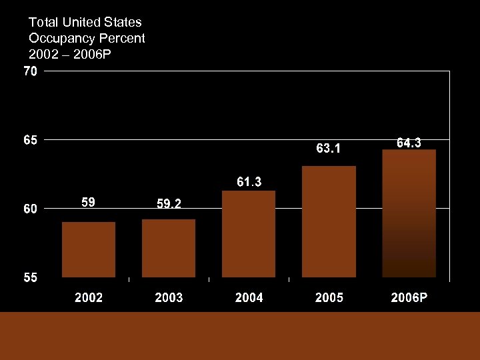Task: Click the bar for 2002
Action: pos(89,249)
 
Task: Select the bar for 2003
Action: pos(169,248)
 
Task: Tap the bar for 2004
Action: pos(249,233)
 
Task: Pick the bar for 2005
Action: pos(329,221)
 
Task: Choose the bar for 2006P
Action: pos(409,213)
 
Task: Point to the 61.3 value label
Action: pos(249,181)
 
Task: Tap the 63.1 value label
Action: pos(329,149)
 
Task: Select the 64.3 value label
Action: pos(409,143)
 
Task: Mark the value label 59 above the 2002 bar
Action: pos(88,201)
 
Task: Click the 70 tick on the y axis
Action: pos(31,72)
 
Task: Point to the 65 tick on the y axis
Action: pos(31,141)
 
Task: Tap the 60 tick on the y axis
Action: pos(31,209)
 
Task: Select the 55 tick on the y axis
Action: pos(31,278)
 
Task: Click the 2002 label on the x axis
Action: pos(89,298)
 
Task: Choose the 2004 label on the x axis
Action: pos(249,298)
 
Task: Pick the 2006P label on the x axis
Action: pos(409,298)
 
